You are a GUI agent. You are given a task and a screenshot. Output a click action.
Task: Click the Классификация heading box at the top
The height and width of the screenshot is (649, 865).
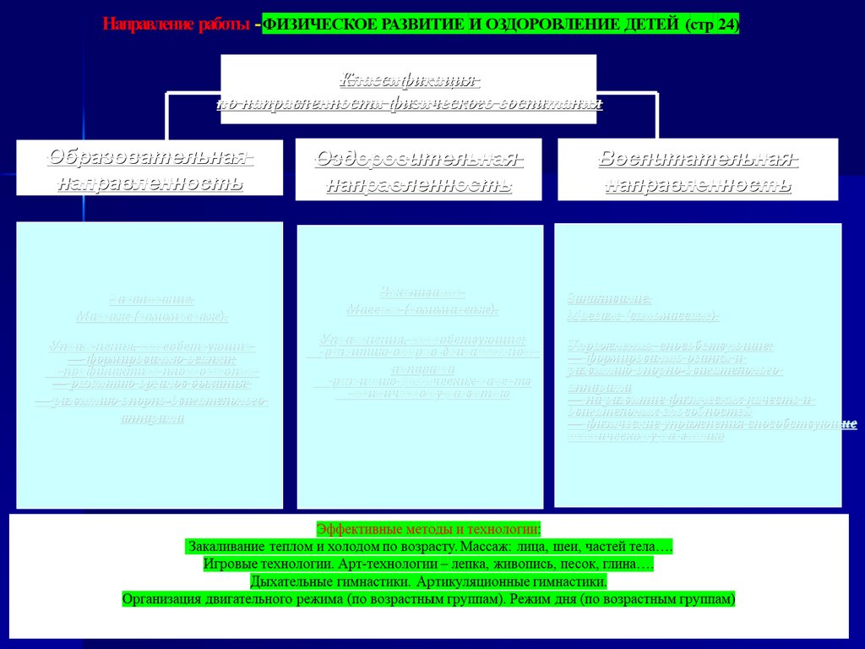pyautogui.click(x=409, y=90)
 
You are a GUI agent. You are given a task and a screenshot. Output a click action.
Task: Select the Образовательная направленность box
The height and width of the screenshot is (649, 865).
pyautogui.click(x=150, y=168)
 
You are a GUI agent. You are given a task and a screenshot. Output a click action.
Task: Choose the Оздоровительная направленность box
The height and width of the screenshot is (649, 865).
pyautogui.click(x=419, y=170)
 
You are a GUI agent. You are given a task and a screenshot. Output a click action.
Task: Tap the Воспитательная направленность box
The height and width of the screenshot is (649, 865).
pyautogui.click(x=698, y=170)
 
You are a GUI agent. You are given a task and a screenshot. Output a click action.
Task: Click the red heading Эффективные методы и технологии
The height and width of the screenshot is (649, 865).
pyautogui.click(x=428, y=529)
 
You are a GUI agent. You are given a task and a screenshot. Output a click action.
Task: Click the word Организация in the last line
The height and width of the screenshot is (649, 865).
pyautogui.click(x=160, y=599)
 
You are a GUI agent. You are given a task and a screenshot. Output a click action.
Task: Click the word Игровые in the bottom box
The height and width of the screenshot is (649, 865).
pyautogui.click(x=230, y=564)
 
